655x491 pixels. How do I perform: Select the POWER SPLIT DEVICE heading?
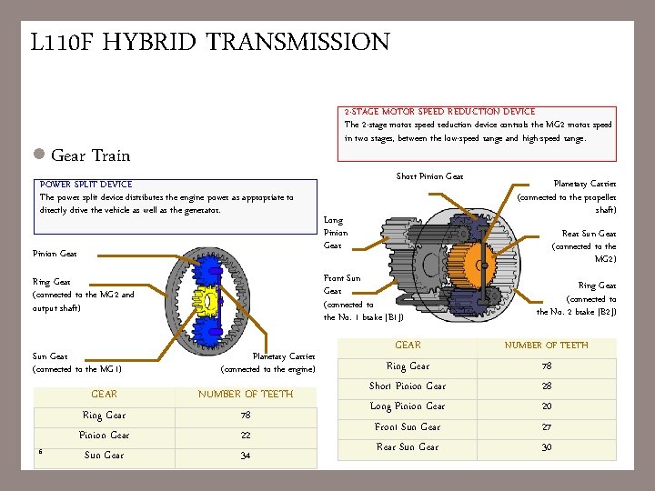[86, 184]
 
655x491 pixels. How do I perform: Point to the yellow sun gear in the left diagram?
[210, 301]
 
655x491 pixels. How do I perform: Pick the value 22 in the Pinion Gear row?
[246, 436]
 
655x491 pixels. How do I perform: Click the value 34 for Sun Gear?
[246, 456]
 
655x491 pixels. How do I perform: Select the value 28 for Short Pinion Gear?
[547, 386]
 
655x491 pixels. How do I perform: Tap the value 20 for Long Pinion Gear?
[547, 406]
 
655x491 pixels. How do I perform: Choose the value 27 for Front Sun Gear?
[547, 426]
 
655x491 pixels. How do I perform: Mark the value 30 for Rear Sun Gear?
[547, 446]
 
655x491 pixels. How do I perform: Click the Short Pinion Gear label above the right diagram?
[429, 176]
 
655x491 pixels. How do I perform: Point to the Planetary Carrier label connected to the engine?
[283, 363]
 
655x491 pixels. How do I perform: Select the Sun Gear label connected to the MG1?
[76, 363]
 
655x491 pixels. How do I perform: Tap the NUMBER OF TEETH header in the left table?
[246, 395]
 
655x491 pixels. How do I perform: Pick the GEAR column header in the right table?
[408, 346]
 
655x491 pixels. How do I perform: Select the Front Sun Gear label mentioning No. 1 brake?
[361, 297]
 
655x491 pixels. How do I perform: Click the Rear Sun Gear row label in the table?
[408, 446]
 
